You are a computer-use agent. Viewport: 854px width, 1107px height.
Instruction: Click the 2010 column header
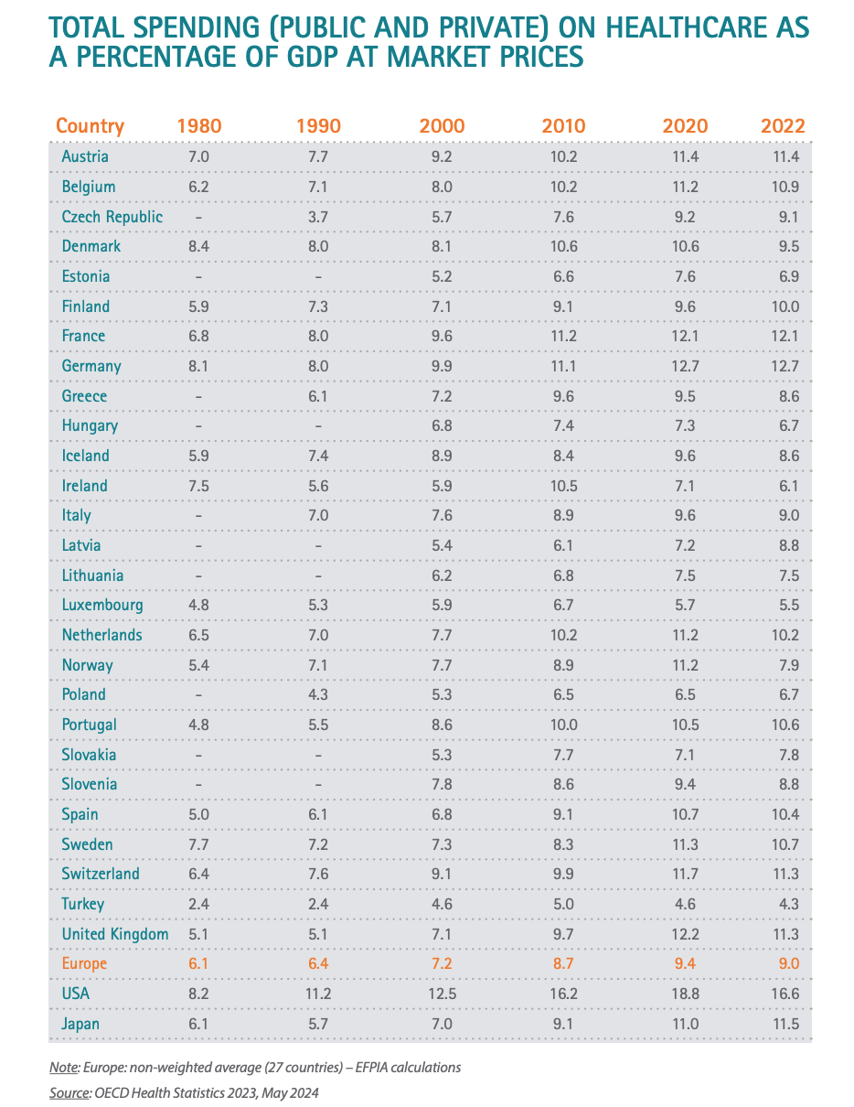(563, 126)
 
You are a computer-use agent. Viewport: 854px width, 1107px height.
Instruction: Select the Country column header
(90, 126)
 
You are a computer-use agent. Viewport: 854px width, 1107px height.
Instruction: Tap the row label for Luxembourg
(102, 605)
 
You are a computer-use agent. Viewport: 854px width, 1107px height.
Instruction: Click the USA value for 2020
(685, 994)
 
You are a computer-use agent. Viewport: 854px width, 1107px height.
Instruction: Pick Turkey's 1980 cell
(198, 904)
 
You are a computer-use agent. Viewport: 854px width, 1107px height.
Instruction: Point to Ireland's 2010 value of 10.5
(563, 486)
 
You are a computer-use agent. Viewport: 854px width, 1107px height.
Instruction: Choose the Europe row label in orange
(84, 963)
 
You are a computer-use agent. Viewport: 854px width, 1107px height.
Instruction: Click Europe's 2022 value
(785, 963)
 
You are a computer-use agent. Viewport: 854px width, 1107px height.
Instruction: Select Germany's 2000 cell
(442, 366)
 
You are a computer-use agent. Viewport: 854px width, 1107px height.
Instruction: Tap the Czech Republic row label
(112, 217)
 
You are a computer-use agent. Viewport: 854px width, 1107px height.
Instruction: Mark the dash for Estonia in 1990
(319, 276)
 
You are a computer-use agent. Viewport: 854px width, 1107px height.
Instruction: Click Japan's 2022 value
(785, 1024)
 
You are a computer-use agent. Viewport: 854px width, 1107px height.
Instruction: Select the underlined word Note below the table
(64, 1068)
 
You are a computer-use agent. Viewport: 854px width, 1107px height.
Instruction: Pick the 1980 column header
(198, 126)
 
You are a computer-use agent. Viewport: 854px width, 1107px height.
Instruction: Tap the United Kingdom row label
(115, 934)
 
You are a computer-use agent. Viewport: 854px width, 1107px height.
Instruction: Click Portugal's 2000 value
(442, 725)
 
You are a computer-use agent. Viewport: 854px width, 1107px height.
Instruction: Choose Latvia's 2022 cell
(785, 545)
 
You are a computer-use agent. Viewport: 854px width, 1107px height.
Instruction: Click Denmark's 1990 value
(319, 246)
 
